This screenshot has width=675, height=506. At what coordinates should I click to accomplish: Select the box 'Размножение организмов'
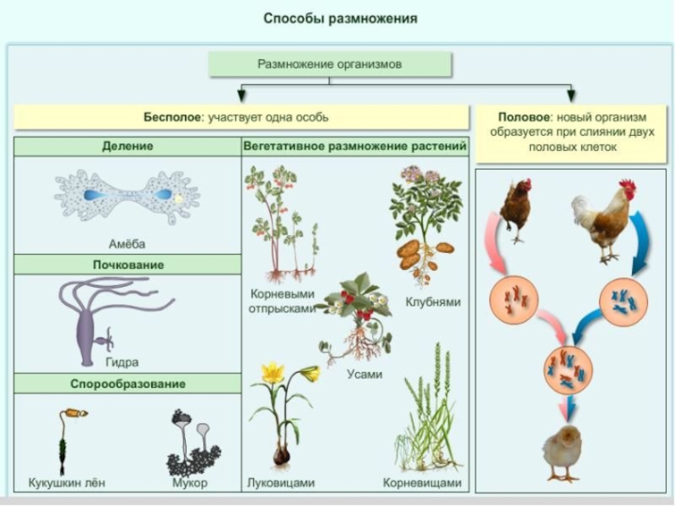tap(330, 64)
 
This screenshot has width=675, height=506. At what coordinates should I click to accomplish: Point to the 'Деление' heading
tap(127, 146)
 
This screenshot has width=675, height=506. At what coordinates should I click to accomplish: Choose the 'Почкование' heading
tap(127, 265)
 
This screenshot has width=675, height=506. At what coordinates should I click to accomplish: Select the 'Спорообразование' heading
tap(127, 384)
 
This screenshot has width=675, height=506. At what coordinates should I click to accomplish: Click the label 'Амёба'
tap(127, 244)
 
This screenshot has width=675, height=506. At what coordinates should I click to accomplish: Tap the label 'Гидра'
tap(122, 363)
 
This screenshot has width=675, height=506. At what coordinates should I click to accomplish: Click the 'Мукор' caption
tap(191, 483)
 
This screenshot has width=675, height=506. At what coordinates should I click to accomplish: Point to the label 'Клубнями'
tap(433, 301)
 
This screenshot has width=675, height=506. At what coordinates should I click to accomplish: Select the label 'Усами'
tap(364, 374)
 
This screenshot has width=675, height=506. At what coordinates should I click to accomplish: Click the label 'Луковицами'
tap(281, 483)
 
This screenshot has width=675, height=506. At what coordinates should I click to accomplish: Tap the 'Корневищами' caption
tap(422, 483)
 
